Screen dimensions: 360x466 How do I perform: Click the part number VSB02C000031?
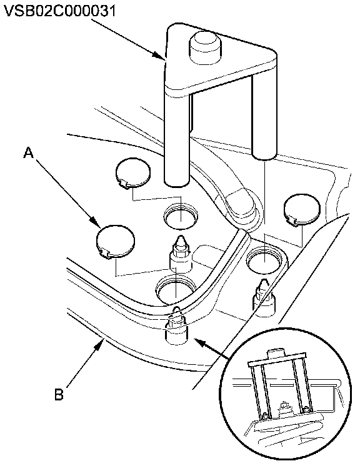(60, 11)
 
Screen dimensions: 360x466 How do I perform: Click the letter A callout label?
(28, 154)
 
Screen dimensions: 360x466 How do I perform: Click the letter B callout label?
(59, 394)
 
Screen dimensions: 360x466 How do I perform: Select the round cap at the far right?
(302, 209)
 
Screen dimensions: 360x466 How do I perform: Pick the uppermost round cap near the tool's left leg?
(133, 173)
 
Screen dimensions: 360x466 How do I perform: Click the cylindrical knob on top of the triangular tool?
(206, 46)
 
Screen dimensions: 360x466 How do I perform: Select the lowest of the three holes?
(176, 290)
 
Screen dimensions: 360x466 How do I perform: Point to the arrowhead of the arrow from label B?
(100, 345)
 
